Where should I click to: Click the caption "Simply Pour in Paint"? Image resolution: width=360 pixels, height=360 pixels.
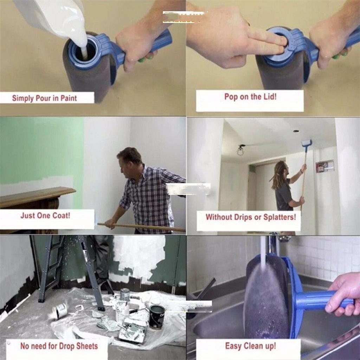(44, 98)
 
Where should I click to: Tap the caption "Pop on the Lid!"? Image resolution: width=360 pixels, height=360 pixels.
(250, 97)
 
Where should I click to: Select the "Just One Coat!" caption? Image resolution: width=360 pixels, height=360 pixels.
(45, 216)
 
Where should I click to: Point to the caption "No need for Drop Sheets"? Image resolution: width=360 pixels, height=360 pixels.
(59, 346)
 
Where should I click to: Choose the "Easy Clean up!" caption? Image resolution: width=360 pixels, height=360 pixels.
(250, 346)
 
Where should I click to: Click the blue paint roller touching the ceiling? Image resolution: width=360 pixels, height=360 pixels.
(307, 143)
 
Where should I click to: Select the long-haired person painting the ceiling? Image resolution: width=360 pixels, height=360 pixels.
(283, 186)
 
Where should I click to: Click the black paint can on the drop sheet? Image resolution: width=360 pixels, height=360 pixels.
(156, 316)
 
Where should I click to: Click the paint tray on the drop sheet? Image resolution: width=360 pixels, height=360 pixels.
(133, 330)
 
